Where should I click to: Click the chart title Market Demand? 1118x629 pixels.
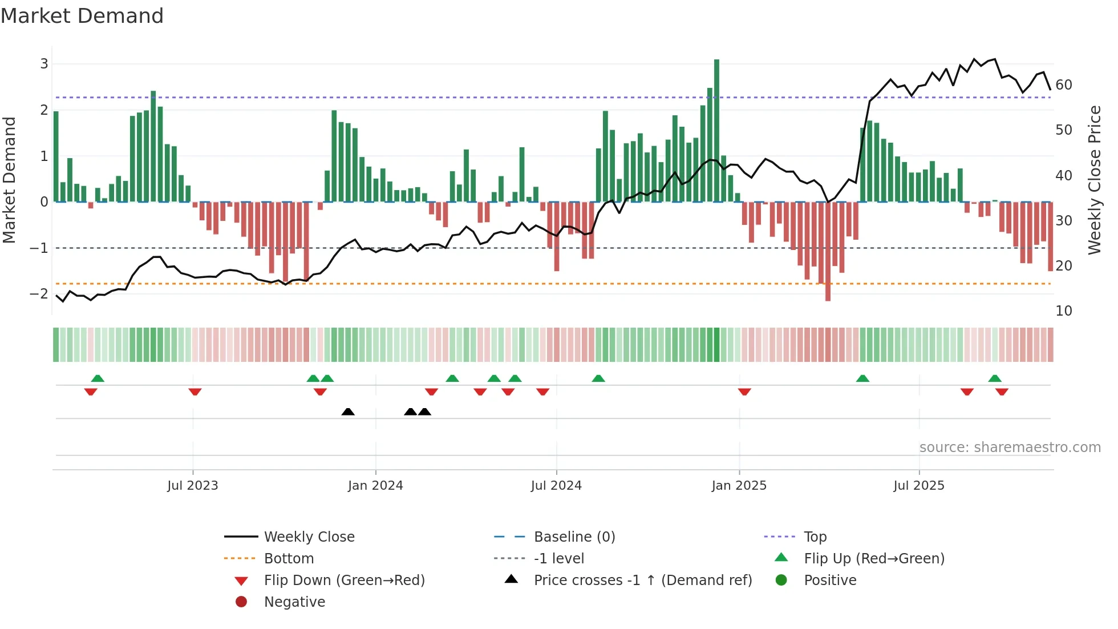(82, 16)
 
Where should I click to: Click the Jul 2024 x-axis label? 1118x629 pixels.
(556, 486)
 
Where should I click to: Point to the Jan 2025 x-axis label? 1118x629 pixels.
(739, 486)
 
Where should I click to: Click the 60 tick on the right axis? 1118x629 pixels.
(1064, 85)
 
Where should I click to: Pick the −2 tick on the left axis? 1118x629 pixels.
(39, 294)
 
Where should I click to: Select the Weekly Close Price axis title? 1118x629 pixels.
(1094, 180)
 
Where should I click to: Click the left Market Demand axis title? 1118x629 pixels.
(10, 180)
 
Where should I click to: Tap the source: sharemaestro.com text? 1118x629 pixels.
(1010, 447)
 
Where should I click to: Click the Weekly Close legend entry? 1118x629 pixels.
(309, 537)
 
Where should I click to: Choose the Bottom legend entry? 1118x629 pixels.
(289, 559)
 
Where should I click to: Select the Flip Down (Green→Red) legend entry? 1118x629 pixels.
(344, 580)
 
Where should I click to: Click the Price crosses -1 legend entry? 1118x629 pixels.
(642, 580)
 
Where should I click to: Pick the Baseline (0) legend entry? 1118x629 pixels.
(574, 537)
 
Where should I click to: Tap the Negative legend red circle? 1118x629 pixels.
(241, 602)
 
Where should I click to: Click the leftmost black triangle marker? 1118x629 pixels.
(348, 412)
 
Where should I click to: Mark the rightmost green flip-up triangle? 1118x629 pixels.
(995, 378)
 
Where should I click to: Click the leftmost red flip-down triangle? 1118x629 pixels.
(91, 392)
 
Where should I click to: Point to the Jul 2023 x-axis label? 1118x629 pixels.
(193, 486)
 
